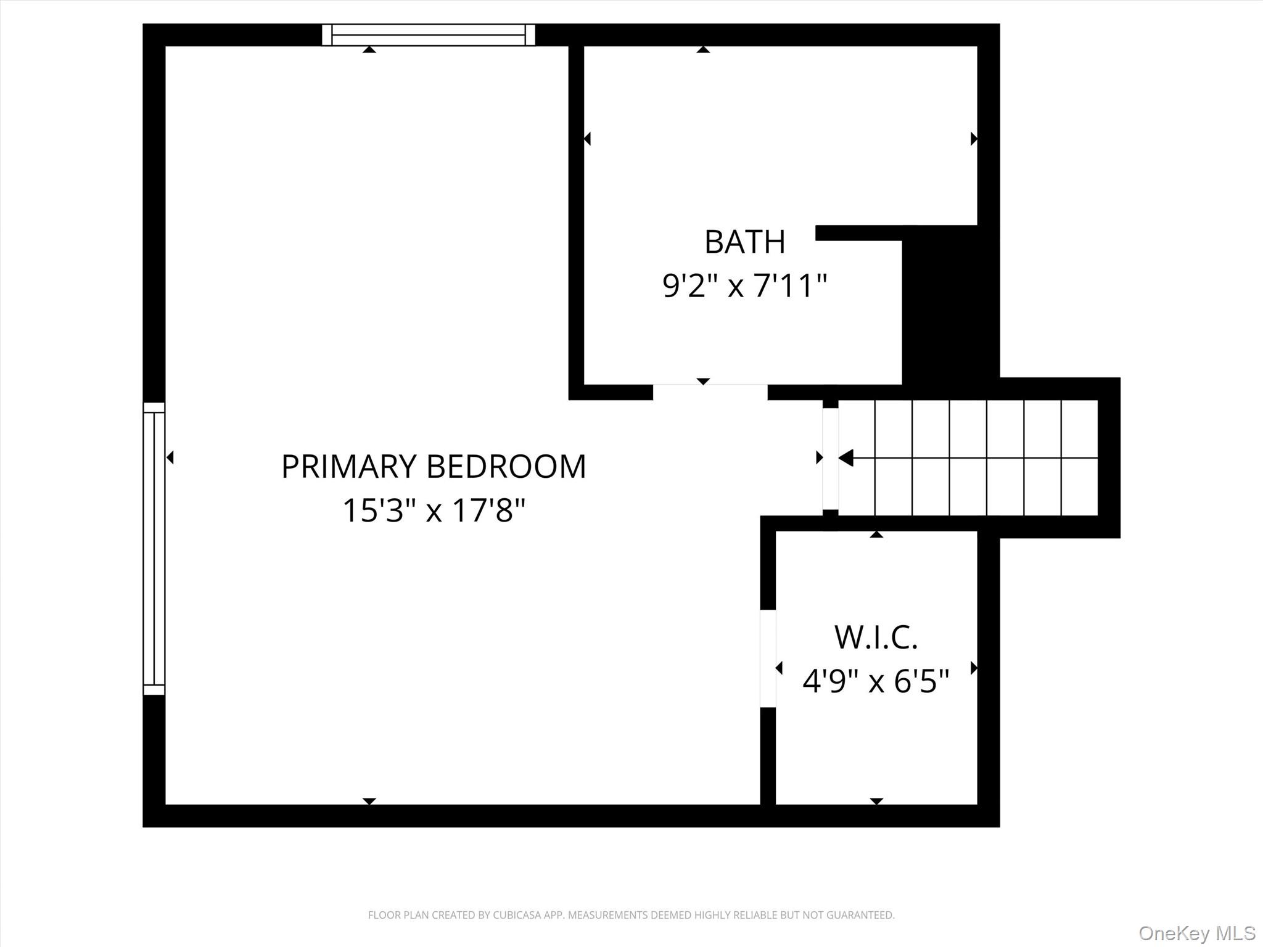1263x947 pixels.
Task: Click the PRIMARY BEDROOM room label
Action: pyautogui.click(x=433, y=467)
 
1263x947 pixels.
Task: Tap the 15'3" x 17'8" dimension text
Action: pyautogui.click(x=434, y=510)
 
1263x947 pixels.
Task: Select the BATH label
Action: pyautogui.click(x=744, y=242)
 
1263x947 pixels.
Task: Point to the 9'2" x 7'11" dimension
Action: pyautogui.click(x=744, y=286)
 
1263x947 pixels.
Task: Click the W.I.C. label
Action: pyautogui.click(x=876, y=637)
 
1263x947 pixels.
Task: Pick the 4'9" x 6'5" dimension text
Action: pyautogui.click(x=876, y=681)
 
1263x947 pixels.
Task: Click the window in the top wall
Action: pyautogui.click(x=429, y=35)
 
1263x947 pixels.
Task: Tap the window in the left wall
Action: pyautogui.click(x=154, y=549)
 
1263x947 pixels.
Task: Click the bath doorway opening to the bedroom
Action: pyautogui.click(x=710, y=392)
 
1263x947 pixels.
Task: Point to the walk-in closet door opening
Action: pyautogui.click(x=768, y=658)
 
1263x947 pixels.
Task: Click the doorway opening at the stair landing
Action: pyautogui.click(x=830, y=459)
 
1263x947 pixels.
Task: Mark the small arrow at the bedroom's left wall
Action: pyautogui.click(x=170, y=457)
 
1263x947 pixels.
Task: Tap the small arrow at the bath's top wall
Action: pyautogui.click(x=703, y=50)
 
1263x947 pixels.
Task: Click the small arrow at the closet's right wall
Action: pyautogui.click(x=974, y=668)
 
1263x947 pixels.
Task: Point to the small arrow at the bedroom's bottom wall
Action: pyautogui.click(x=369, y=801)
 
